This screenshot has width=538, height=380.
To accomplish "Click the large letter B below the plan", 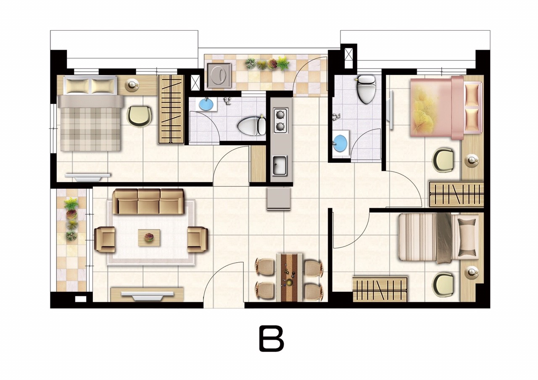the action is pyautogui.click(x=272, y=338).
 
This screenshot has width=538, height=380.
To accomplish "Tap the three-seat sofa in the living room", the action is pyautogui.click(x=148, y=201).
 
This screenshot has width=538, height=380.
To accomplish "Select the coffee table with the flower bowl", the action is pyautogui.click(x=149, y=237).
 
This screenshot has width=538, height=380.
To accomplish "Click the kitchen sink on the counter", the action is pyautogui.click(x=280, y=165).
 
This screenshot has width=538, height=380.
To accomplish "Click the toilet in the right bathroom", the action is pyautogui.click(x=366, y=89).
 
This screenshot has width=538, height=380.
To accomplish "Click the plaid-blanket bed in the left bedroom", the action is pyautogui.click(x=90, y=113).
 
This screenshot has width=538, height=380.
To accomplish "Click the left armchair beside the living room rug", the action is pyautogui.click(x=105, y=240).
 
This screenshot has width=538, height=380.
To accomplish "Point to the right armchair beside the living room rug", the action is pyautogui.click(x=198, y=240).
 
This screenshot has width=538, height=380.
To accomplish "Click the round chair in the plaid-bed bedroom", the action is pyautogui.click(x=139, y=116).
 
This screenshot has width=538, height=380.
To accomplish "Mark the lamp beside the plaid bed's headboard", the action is pyautogui.click(x=132, y=85).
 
